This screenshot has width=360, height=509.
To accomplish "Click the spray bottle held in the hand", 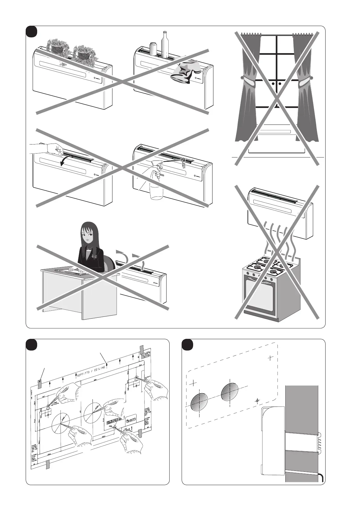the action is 156,187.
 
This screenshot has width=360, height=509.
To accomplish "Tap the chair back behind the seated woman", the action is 111,262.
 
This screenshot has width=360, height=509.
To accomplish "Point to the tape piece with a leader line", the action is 40,384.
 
